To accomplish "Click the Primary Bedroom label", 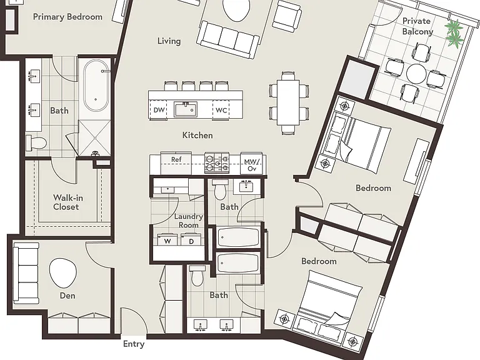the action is tap(67, 17).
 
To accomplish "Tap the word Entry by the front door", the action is tap(134, 344).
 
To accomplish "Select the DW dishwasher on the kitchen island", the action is tap(159, 109).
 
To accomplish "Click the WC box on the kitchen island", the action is tap(221, 109).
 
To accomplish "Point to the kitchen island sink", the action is tap(186, 109).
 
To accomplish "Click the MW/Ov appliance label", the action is tap(252, 165).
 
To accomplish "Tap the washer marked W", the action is tap(167, 239).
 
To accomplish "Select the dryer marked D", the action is tap(191, 239).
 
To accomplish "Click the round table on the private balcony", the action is tap(416, 74).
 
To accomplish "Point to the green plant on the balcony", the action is tap(454, 33).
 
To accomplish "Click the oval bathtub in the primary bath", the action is tap(96, 86).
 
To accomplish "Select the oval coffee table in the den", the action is tap(63, 272).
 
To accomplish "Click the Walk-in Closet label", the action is tap(67, 202).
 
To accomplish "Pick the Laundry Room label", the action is tap(189, 221).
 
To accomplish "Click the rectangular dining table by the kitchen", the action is tap(288, 102).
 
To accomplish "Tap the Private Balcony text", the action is tap(417, 26).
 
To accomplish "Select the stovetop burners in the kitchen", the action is tap(217, 162).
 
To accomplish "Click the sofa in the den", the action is tap(26, 273).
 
